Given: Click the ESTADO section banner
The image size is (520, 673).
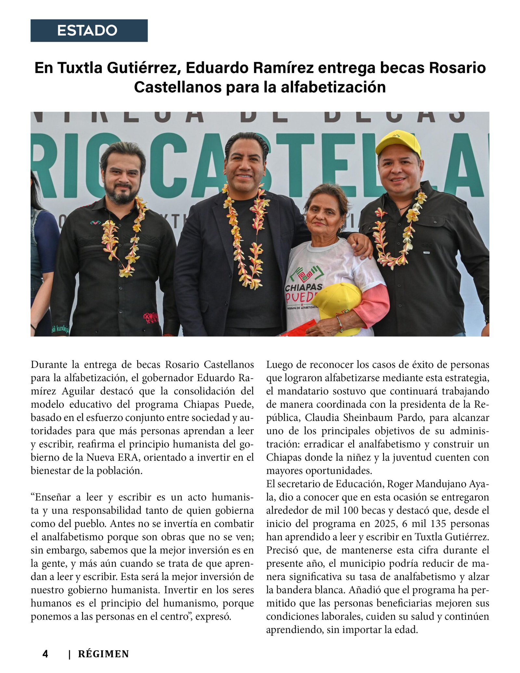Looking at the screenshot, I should tap(89, 31).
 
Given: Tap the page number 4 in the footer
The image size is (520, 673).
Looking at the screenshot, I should tap(45, 654).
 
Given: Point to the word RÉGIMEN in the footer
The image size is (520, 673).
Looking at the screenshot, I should tap(103, 654).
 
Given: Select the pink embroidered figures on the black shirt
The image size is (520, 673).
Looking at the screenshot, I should tap(151, 317).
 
